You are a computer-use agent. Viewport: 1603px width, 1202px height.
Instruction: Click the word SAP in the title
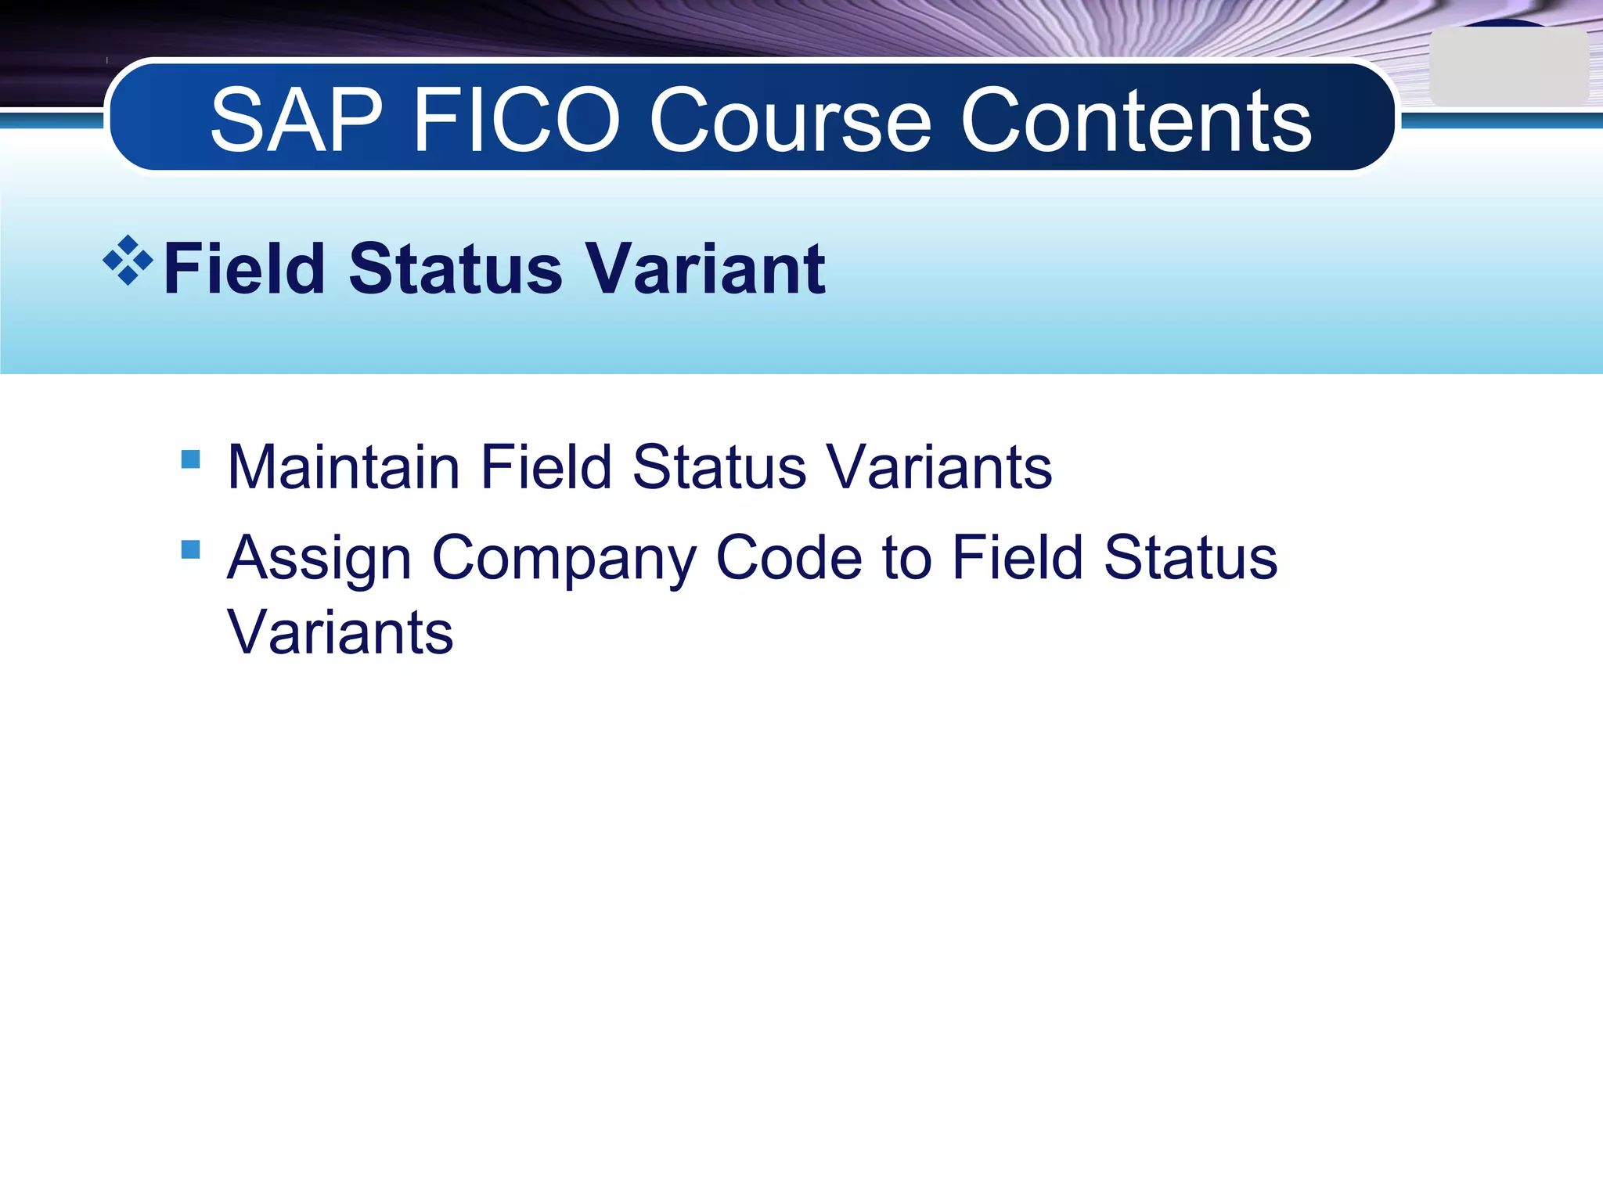(297, 121)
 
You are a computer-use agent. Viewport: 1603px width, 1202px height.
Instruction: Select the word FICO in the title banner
(517, 121)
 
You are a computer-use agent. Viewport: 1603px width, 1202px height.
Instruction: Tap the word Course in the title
(791, 121)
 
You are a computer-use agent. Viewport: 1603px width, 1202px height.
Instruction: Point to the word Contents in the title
(1136, 121)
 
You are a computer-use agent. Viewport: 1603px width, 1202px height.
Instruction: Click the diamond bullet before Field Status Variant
(128, 261)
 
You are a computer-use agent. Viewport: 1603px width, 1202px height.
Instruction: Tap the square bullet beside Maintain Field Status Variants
(190, 459)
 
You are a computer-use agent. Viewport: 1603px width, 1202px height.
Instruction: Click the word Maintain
(344, 468)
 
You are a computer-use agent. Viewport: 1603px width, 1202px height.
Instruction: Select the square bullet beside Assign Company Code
(190, 549)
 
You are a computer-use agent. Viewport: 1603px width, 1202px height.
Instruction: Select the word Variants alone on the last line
(340, 632)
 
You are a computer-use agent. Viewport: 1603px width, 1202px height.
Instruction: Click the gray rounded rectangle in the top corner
(1508, 67)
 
